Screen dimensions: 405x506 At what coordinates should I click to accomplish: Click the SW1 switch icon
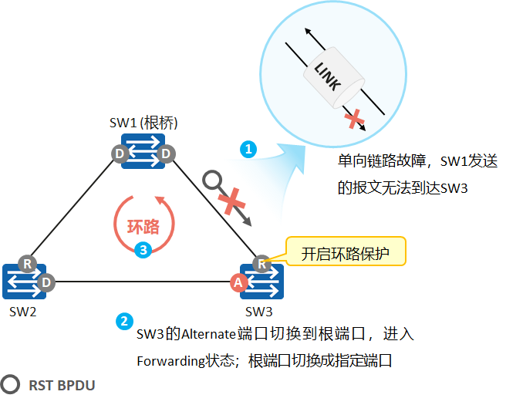tap(143, 154)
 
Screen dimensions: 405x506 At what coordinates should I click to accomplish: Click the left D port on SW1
tap(120, 154)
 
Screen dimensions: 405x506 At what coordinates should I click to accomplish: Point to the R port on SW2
tap(28, 262)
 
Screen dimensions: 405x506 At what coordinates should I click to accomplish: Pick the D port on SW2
tap(46, 282)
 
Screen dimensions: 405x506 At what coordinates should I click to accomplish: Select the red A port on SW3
tap(239, 283)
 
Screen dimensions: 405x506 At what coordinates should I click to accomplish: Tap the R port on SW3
tap(263, 263)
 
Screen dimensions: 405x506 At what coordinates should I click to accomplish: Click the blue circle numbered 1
tap(248, 149)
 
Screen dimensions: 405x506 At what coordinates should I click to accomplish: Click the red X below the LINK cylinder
tap(354, 119)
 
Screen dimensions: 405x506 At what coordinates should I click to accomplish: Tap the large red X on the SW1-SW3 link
tap(232, 202)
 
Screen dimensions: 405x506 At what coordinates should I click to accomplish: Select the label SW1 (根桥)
tap(144, 123)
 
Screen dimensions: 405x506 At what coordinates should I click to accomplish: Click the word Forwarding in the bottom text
tap(170, 360)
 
